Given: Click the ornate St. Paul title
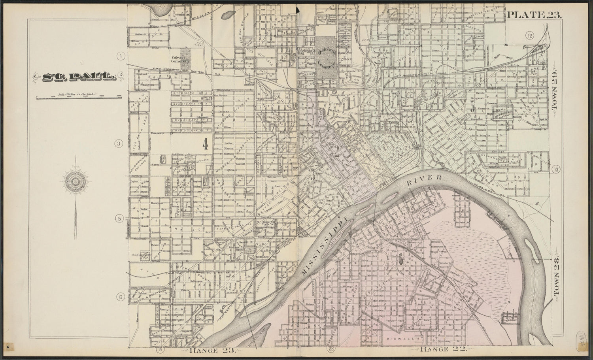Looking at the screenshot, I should (74, 77).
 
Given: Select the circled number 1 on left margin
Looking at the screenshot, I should (120, 56).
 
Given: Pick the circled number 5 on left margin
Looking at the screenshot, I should (119, 219).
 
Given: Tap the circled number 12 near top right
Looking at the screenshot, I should (530, 36).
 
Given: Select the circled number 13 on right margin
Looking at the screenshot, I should (557, 170).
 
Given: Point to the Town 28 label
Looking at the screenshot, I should (556, 277).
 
